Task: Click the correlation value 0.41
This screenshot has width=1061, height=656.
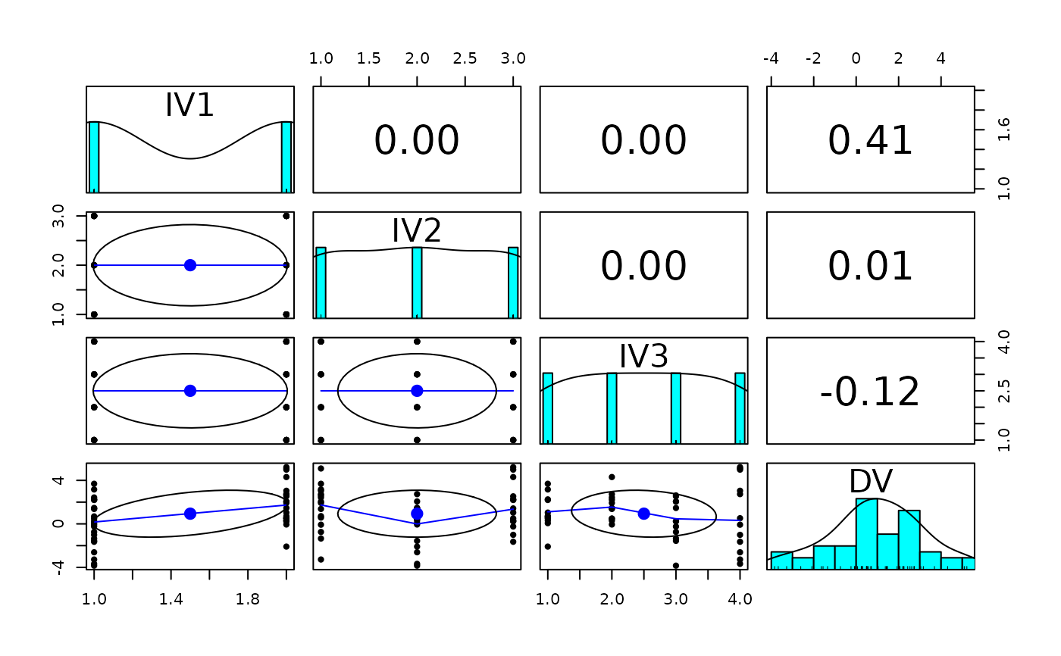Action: point(870,141)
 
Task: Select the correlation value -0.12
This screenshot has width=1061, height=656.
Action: point(870,392)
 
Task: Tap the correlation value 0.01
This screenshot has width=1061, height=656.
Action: point(870,267)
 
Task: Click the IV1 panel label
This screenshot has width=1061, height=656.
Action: point(189,105)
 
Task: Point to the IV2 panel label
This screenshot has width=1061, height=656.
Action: point(416,230)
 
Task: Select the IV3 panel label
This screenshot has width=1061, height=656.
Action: point(643,356)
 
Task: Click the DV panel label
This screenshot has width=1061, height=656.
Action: point(870,482)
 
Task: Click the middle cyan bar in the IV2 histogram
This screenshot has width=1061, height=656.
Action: point(417,282)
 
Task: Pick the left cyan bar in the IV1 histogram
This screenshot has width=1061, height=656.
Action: point(94,157)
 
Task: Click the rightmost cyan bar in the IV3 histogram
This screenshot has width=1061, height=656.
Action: point(740,408)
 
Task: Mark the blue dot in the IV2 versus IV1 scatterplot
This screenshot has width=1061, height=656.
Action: point(190,265)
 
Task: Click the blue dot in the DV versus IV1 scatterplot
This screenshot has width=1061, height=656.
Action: point(190,514)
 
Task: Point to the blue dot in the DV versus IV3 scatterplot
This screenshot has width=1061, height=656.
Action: point(643,514)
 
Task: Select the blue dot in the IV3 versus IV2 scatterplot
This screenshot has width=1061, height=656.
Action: point(417,391)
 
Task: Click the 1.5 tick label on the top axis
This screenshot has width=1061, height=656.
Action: point(369,59)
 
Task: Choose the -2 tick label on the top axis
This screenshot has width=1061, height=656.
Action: point(813,59)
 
